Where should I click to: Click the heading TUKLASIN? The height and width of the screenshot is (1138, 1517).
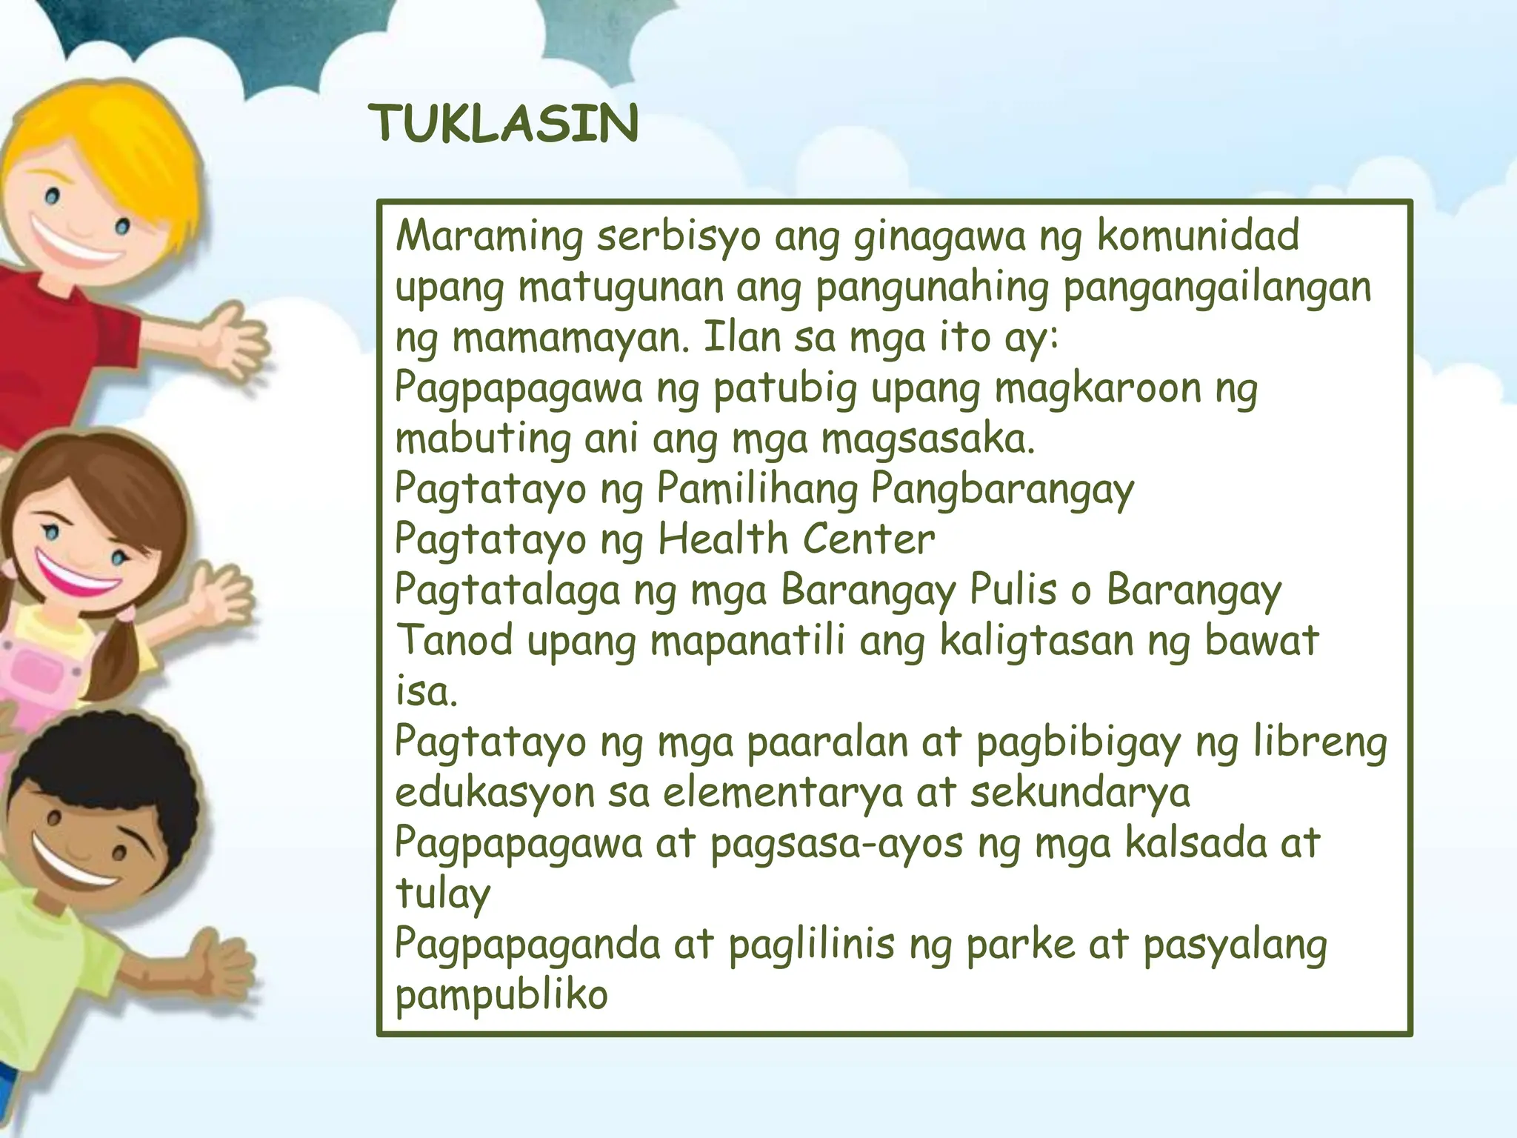click(x=504, y=124)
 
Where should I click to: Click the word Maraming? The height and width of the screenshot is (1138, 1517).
click(x=490, y=237)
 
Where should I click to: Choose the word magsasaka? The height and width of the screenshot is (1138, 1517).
click(x=927, y=440)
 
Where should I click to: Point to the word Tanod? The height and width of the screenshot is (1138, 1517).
click(x=454, y=642)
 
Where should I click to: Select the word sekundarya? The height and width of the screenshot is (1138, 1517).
click(x=1080, y=793)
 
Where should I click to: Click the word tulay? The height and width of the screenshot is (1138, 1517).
click(x=443, y=894)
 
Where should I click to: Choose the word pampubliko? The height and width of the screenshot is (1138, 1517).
click(x=501, y=996)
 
